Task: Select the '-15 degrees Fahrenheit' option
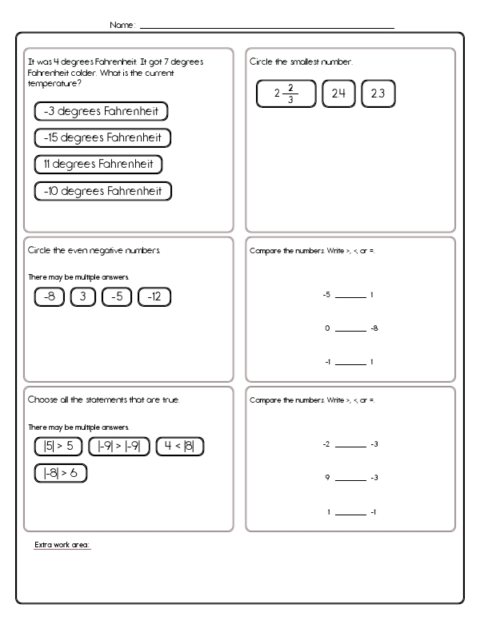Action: coord(103,138)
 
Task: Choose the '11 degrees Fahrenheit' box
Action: coord(98,165)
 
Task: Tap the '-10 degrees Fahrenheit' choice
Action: coord(103,191)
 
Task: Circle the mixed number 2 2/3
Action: coord(286,94)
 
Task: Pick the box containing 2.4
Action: coord(338,93)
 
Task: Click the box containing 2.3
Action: coord(378,93)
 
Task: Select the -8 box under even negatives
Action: coord(50,297)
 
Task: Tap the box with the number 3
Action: coord(83,297)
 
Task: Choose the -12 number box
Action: coord(154,297)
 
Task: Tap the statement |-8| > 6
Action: coord(60,474)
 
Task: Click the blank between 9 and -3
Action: coord(350,479)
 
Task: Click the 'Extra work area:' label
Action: coord(62,545)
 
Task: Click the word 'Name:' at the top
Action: coord(122,26)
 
